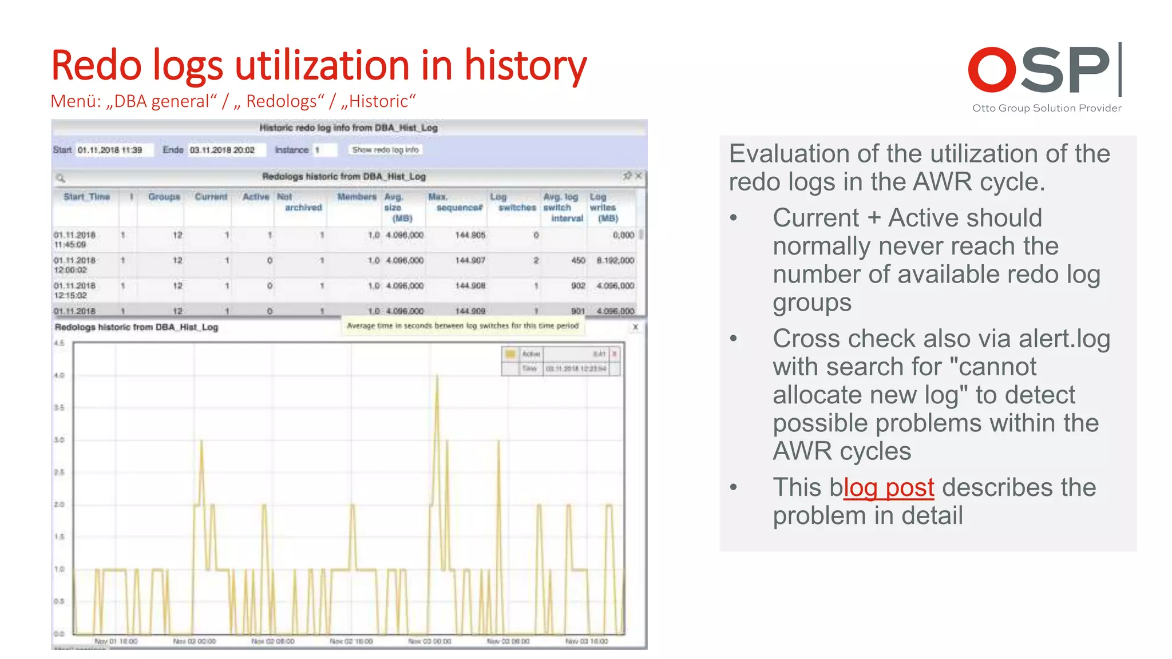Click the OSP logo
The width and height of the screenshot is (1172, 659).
click(1044, 70)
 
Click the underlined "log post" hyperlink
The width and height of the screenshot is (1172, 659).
click(888, 488)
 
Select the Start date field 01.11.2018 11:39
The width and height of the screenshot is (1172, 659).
click(114, 150)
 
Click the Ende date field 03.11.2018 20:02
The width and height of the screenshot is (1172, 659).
click(225, 150)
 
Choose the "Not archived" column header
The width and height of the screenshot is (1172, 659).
click(299, 202)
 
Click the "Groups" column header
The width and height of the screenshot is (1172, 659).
click(164, 197)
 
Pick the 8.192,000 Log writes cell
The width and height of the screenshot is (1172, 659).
click(615, 260)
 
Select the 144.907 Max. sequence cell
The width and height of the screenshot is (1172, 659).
click(470, 260)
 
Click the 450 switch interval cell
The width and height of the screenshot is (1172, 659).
click(578, 260)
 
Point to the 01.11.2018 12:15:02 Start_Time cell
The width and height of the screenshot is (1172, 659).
click(74, 290)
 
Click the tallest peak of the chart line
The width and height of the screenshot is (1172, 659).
click(437, 376)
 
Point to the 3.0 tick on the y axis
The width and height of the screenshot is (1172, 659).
click(59, 440)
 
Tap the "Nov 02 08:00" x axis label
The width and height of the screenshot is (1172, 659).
click(273, 641)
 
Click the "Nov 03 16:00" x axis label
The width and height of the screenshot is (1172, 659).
click(587, 641)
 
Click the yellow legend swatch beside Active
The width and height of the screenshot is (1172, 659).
click(510, 354)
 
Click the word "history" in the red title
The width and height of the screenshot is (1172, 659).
click(525, 65)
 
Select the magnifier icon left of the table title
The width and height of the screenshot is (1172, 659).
click(61, 177)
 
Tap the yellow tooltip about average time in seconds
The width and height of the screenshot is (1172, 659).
click(462, 325)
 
